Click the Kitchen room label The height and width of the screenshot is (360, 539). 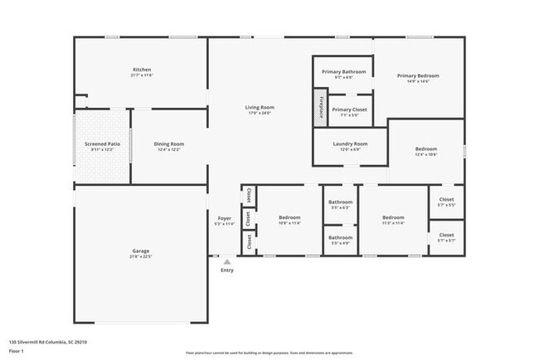tap(142, 69)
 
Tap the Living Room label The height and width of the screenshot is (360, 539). tap(260, 107)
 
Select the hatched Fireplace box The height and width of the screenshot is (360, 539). tap(321, 108)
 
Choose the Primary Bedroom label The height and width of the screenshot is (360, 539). tap(418, 75)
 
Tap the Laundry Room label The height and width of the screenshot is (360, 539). tap(350, 144)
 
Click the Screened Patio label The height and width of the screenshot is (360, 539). tap(103, 144)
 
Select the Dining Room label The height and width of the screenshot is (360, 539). tap(168, 144)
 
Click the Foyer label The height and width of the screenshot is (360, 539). tap(225, 218)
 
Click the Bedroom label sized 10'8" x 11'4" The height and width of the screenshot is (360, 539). tap(289, 217)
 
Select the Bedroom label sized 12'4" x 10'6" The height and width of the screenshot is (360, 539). tap(426, 149)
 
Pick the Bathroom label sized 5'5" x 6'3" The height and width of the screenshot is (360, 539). tap(340, 202)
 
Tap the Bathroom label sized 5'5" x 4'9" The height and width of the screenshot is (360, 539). tap(340, 238)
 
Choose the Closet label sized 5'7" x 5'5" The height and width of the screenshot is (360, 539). tap(446, 199)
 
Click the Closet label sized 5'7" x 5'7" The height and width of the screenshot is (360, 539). tap(446, 235)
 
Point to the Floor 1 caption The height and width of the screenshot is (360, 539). tap(13, 351)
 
